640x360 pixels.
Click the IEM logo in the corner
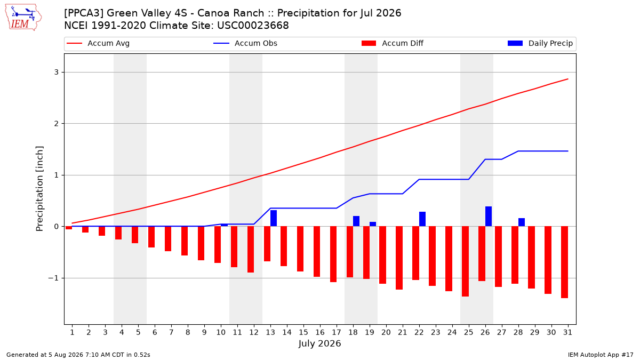pos(23,18)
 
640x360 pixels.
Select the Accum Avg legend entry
pos(98,43)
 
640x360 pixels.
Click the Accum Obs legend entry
pos(245,43)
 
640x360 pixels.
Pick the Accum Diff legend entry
pos(393,43)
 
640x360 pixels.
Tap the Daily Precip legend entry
pos(540,43)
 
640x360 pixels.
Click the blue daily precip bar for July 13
pos(274,218)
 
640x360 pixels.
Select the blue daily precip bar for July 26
pos(489,217)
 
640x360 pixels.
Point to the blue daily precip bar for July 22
pos(422,219)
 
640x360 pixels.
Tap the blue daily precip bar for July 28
pos(522,222)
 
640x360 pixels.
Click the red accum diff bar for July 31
pos(564,262)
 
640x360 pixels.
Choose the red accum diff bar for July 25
pos(465,261)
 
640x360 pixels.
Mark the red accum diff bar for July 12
pos(251,250)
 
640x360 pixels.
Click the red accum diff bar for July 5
pos(135,235)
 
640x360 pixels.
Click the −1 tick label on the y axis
pos(53,278)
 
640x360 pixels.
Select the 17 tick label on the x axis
pos(337,332)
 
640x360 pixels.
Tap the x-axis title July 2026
pos(319,343)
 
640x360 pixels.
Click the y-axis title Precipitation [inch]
pos(39,189)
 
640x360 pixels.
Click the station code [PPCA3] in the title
pos(84,13)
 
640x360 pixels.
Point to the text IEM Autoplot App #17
pos(601,355)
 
